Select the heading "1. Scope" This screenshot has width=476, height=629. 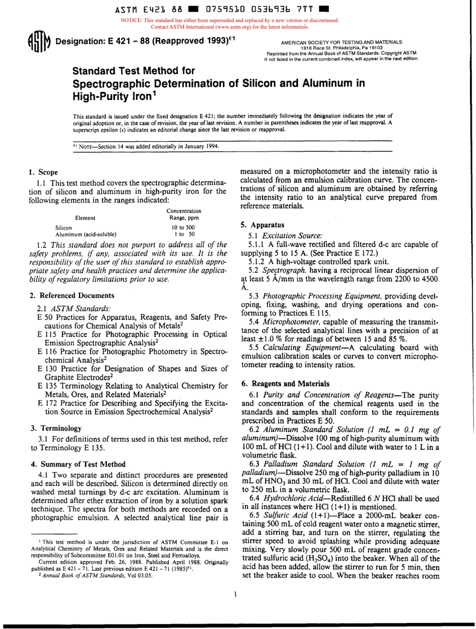pos(40,172)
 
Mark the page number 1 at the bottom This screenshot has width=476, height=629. pos(235,607)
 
